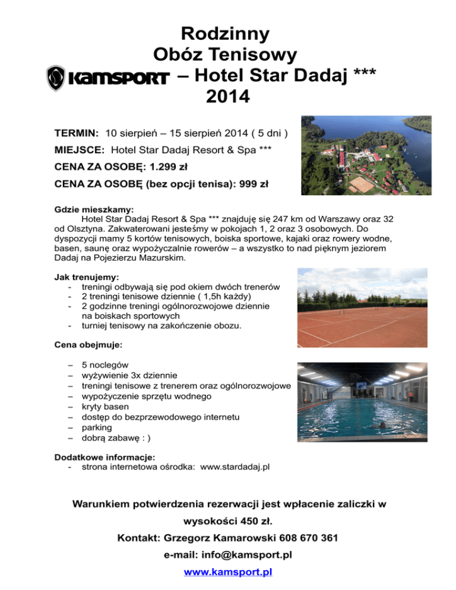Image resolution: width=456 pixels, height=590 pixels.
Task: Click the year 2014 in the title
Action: tap(227, 96)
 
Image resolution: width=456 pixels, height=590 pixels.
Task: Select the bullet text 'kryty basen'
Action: tap(105, 407)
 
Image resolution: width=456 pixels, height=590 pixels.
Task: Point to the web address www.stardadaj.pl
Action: tap(235, 467)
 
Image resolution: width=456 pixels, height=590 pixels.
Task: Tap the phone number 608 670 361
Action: tap(306, 538)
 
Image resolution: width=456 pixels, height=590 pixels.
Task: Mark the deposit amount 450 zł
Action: tap(241, 522)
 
